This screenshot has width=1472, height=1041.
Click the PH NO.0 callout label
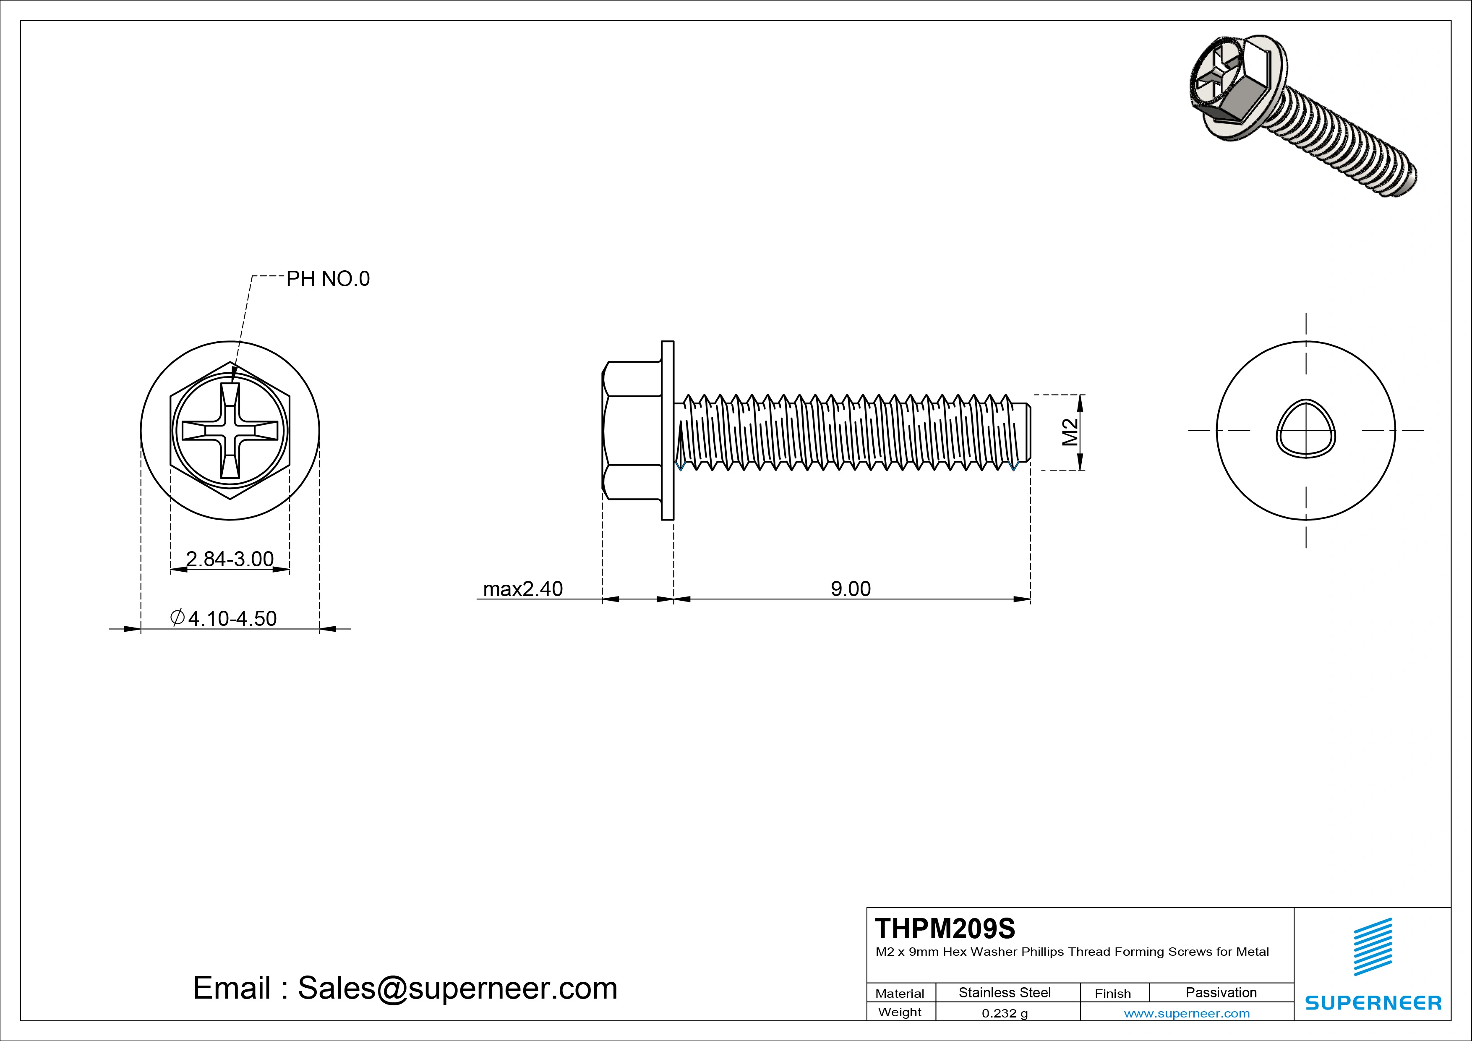coord(328,279)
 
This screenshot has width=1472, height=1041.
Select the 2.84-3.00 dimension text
coord(230,559)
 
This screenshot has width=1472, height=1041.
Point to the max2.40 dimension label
coord(522,589)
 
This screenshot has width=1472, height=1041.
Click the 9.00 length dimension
coord(851,589)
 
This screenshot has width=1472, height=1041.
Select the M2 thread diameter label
coord(1069,432)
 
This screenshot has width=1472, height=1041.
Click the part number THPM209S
coord(945,928)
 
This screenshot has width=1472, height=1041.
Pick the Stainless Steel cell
coord(1005,992)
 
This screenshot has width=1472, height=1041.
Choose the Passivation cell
coord(1221,992)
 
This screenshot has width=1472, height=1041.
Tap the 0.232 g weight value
coord(1005,1013)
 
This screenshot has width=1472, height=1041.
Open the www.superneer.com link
coord(1187,1013)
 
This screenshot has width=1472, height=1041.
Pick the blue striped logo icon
coord(1373,947)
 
